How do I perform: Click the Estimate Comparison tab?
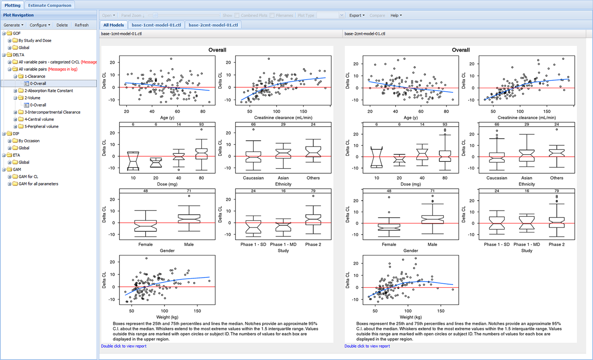click(50, 5)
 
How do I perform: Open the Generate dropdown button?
click(14, 25)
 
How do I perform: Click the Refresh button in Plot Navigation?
click(81, 25)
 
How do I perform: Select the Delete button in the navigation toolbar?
click(62, 25)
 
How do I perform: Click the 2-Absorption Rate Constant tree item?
click(49, 91)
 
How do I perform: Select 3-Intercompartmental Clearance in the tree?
click(53, 112)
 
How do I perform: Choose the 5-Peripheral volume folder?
click(41, 127)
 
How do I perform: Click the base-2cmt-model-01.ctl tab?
click(213, 25)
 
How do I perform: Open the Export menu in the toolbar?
click(357, 15)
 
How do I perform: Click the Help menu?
click(396, 15)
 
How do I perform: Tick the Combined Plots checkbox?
click(237, 15)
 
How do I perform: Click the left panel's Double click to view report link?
click(124, 346)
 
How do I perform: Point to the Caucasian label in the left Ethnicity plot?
click(253, 178)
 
